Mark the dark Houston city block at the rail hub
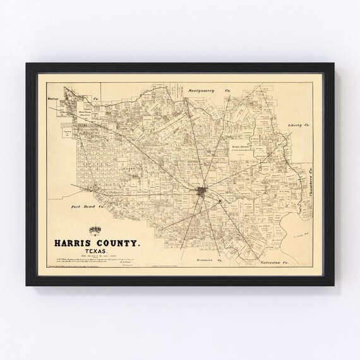tap(200, 191)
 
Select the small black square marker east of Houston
tap(220, 201)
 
